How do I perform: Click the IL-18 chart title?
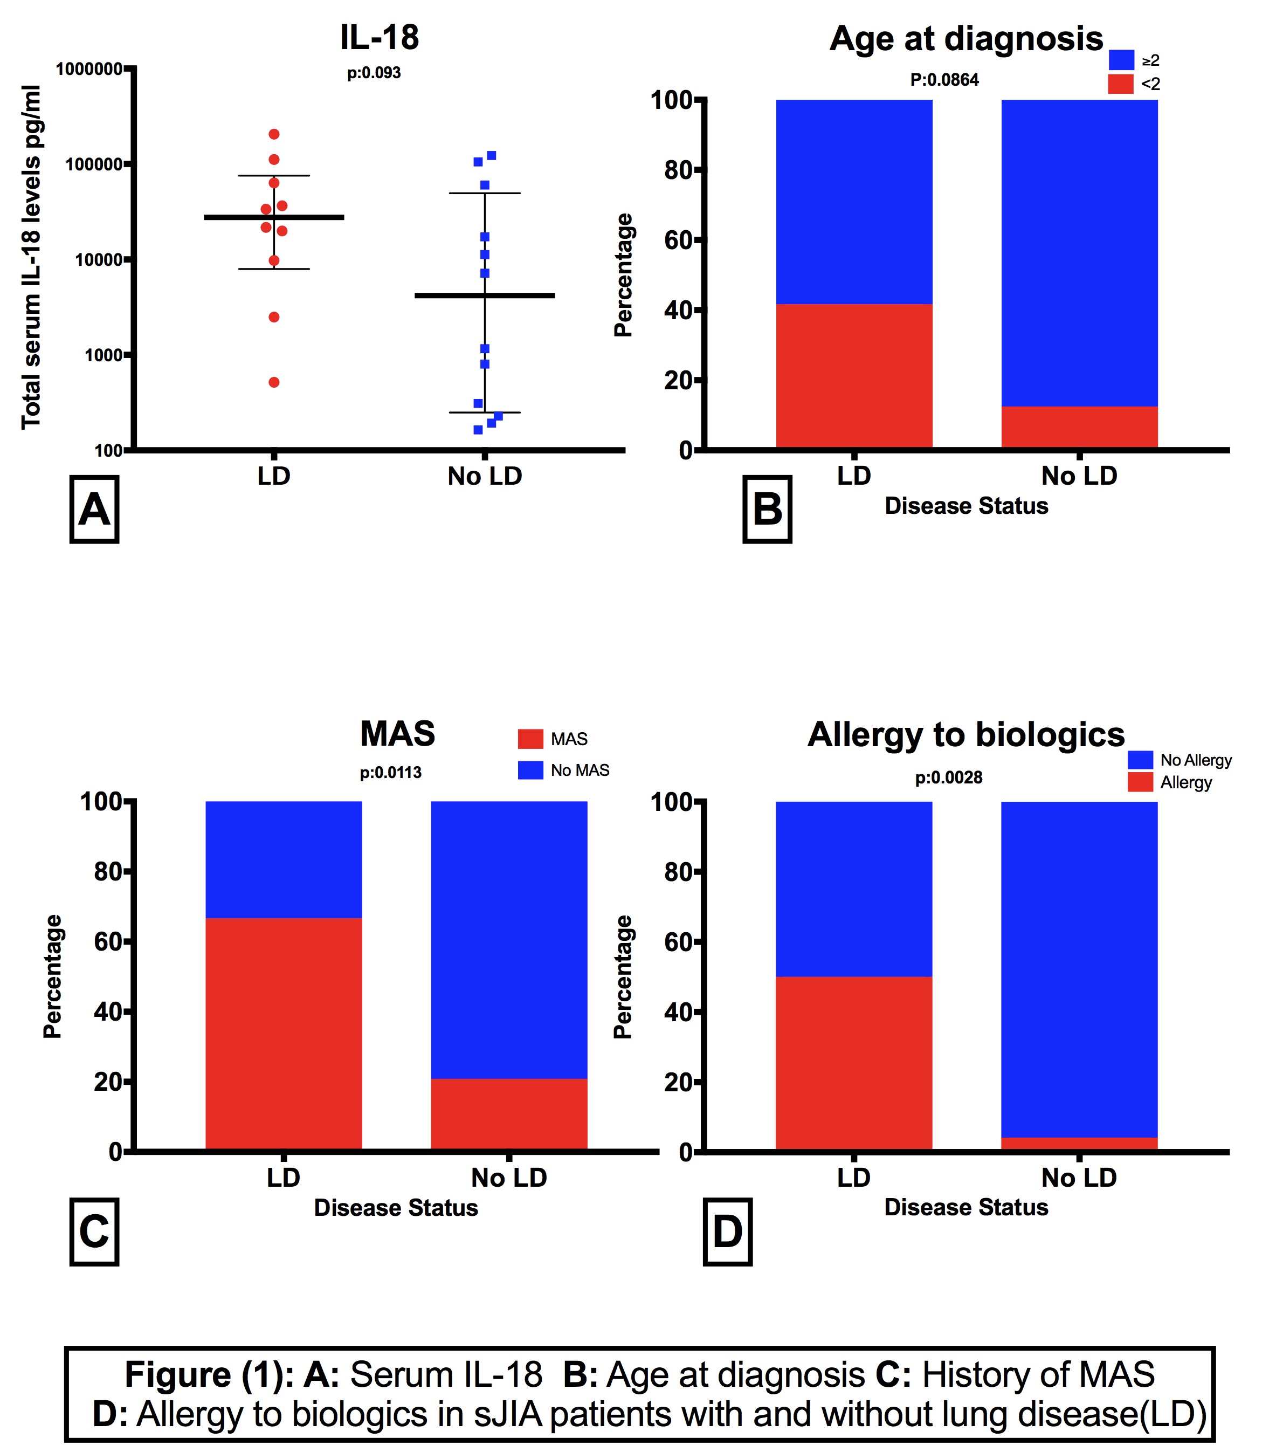tap(379, 37)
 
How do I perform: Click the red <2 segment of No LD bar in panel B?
tap(1079, 426)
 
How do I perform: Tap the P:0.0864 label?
tap(944, 80)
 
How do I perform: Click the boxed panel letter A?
tap(94, 509)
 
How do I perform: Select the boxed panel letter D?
tap(727, 1231)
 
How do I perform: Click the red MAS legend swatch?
tap(530, 739)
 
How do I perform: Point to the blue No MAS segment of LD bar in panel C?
tap(284, 859)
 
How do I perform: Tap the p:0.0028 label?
tap(948, 777)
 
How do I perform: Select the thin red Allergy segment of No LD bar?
tap(1079, 1143)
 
